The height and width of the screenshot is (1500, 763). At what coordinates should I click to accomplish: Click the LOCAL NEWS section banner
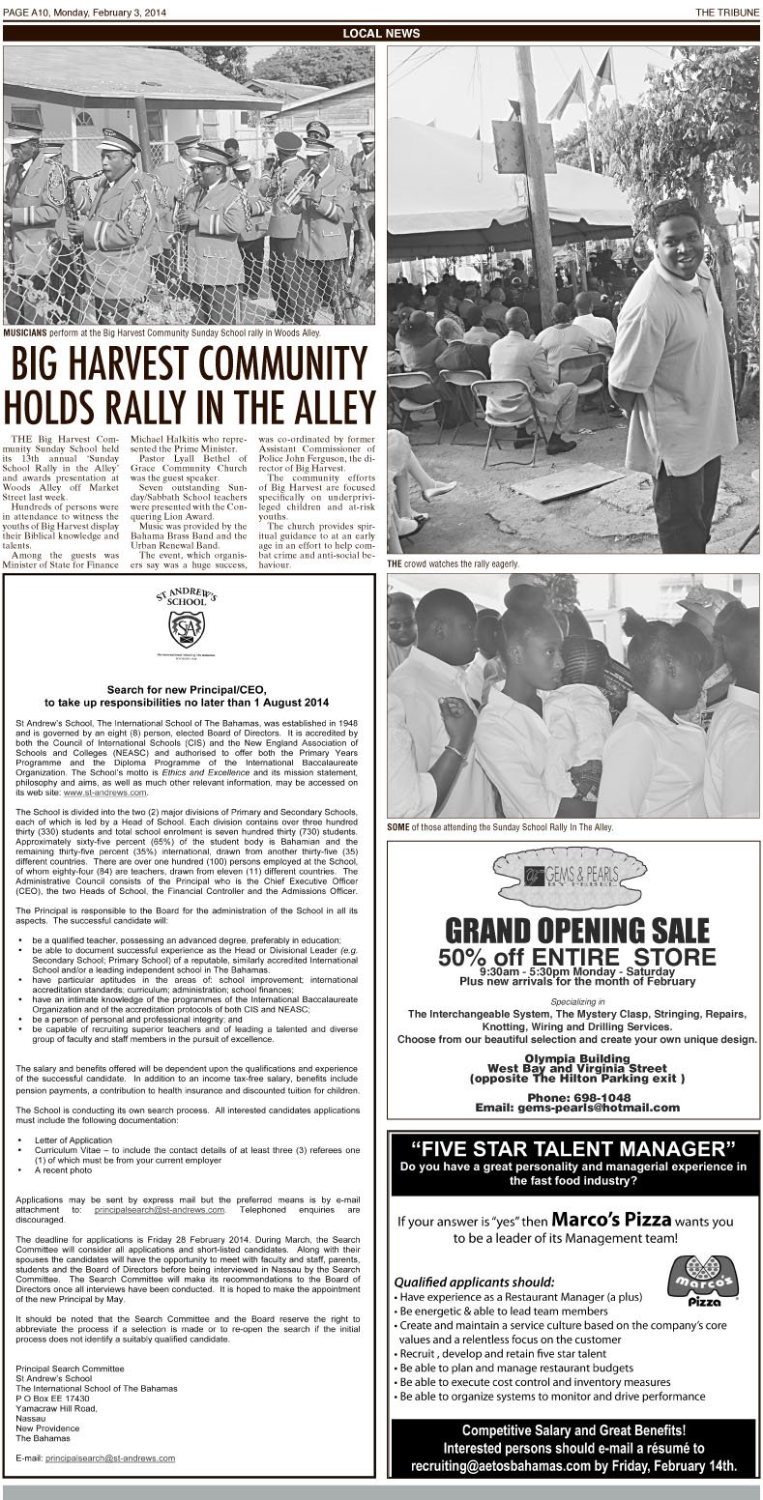381,34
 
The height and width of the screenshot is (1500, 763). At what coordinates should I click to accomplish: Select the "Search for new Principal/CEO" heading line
188,689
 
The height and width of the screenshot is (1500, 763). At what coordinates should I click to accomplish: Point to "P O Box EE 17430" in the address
53,1399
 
